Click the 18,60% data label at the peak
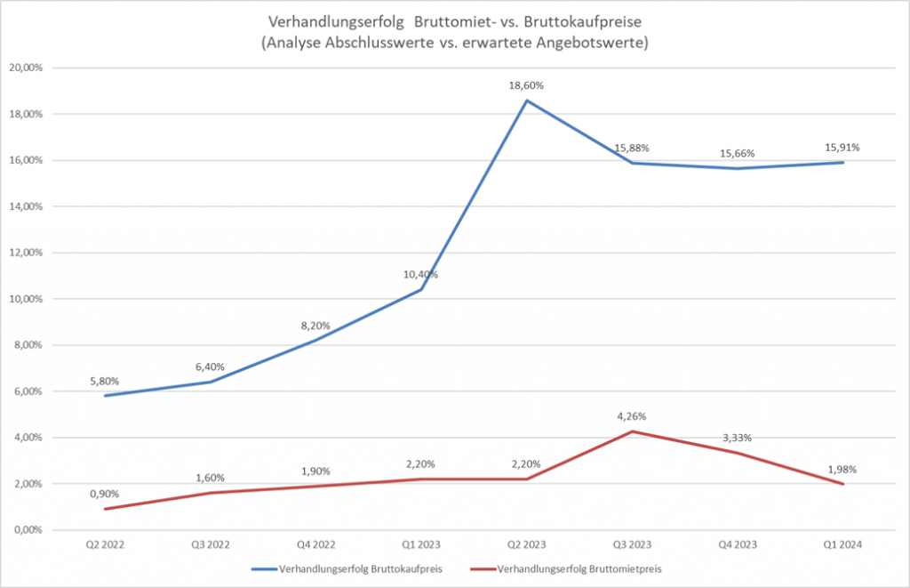527,85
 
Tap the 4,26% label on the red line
632,415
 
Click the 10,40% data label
421,274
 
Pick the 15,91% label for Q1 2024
842,147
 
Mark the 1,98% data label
842,470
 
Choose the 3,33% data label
738,437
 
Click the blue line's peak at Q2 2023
527,101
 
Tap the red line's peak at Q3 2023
632,431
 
